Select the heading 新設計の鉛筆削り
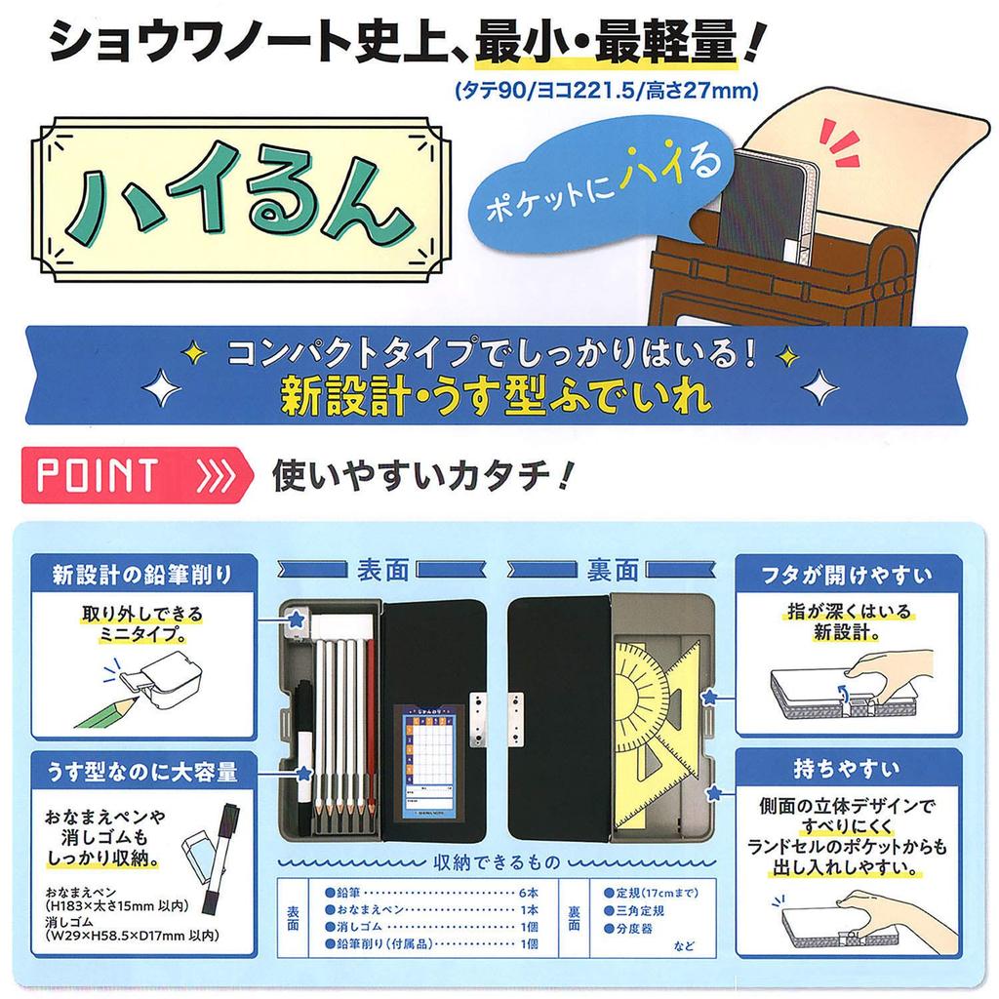142,574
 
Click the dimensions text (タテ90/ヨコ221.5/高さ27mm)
606,92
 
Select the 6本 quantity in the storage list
527,893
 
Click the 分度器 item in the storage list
639,928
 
